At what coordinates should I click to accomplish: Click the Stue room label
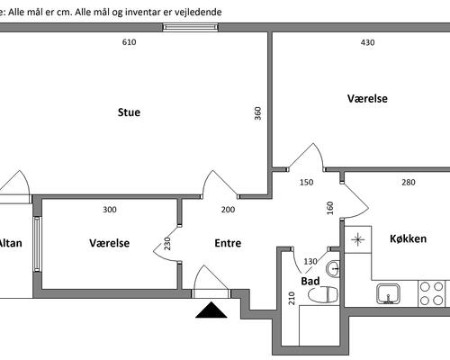(x=129, y=112)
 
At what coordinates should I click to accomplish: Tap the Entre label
(x=228, y=243)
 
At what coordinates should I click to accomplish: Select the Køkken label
(x=408, y=238)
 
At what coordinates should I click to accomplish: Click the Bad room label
(x=310, y=281)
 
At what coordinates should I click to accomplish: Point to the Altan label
(x=11, y=243)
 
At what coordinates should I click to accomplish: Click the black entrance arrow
(x=211, y=310)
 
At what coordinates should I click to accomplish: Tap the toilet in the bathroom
(x=323, y=294)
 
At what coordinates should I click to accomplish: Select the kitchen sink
(x=388, y=294)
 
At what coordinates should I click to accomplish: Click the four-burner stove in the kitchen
(x=431, y=293)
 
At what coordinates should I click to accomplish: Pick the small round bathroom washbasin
(x=333, y=269)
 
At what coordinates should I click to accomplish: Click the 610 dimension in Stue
(x=129, y=42)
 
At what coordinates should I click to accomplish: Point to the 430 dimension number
(x=367, y=42)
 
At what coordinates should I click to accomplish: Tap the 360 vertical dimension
(x=257, y=113)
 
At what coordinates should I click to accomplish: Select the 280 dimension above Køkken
(x=409, y=183)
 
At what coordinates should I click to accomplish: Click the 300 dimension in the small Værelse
(x=110, y=210)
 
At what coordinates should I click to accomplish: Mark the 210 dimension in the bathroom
(x=292, y=298)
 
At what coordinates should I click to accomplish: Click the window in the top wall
(x=190, y=27)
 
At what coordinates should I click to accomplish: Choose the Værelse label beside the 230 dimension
(x=110, y=243)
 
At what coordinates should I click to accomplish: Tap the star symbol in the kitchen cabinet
(x=357, y=239)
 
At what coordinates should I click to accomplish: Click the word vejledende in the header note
(x=198, y=13)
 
